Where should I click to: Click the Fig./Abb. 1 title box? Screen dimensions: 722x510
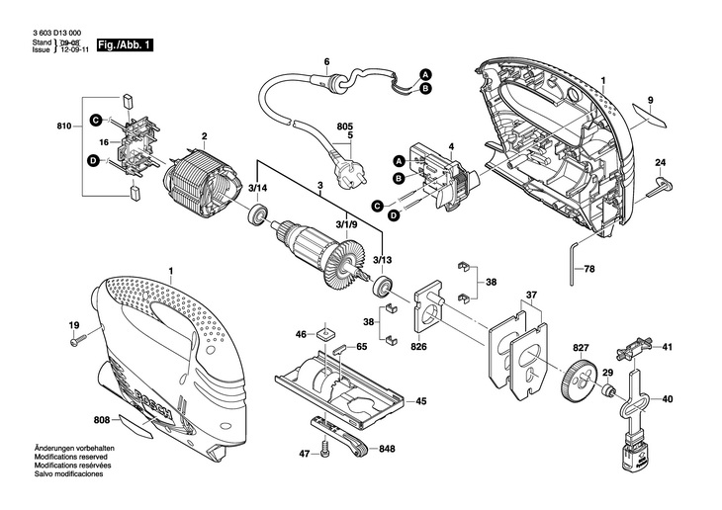coord(125,45)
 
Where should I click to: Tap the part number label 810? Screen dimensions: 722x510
coord(64,127)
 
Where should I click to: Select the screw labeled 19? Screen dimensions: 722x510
coord(79,341)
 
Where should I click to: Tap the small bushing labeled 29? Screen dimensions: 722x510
coord(609,391)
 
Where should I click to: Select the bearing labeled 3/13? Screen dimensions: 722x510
coord(382,286)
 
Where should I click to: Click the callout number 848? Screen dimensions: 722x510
coord(387,449)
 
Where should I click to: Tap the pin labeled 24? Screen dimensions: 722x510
coord(660,187)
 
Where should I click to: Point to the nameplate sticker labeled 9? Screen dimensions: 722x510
coord(650,114)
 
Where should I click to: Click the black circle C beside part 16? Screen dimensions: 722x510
coord(95,121)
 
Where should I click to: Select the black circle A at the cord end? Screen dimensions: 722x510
coord(425,74)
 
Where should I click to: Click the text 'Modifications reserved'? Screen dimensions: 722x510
coord(70,457)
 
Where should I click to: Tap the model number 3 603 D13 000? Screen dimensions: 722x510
coord(56,34)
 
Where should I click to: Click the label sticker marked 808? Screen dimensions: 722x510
coord(135,426)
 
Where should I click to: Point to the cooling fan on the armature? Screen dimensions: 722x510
coord(343,266)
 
